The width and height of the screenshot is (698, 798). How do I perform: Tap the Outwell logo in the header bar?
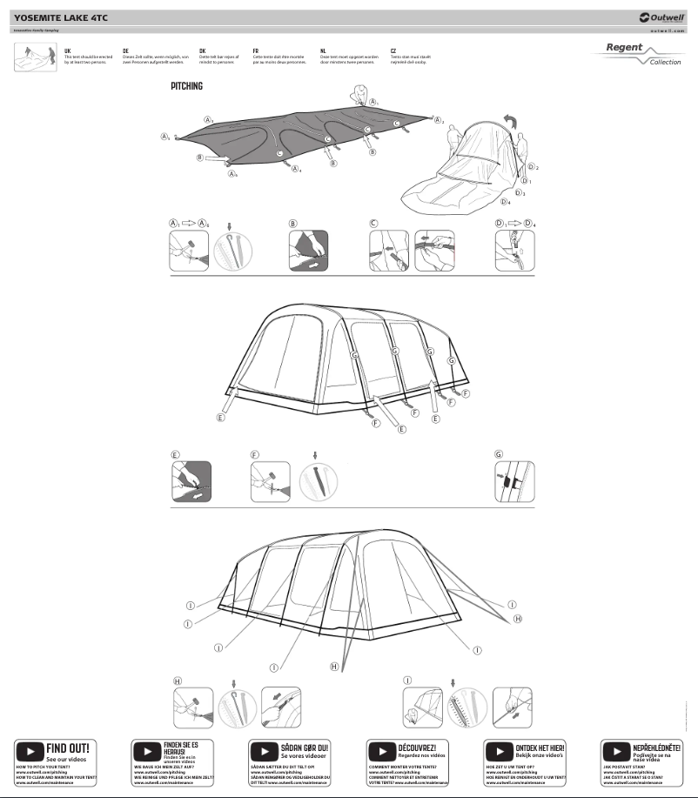tap(661, 17)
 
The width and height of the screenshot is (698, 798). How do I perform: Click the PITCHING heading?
tap(186, 87)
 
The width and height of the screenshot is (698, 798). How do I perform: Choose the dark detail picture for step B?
tap(308, 250)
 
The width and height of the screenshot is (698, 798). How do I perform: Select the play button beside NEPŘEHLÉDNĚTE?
tap(615, 751)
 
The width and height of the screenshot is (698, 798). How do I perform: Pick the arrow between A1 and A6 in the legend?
tap(188, 224)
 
